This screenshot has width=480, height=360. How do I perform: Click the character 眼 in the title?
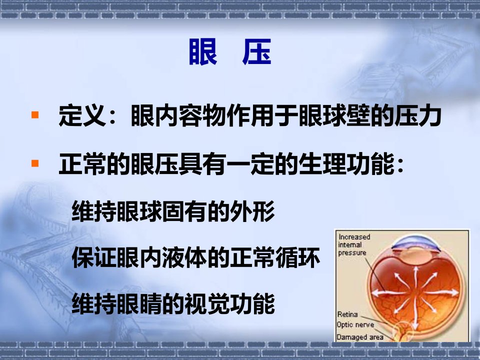pos(203,51)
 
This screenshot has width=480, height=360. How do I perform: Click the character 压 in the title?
pos(257,51)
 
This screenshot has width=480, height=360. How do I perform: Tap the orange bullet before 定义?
pos(35,115)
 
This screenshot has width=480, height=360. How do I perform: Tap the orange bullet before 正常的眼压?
pos(35,163)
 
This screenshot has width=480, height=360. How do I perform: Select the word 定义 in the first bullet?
pos(82,115)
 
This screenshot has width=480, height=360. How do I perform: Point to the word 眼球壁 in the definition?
pos(334,115)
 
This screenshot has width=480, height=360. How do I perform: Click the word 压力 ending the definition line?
pos(417,115)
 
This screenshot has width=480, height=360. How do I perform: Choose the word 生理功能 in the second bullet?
pos(346,164)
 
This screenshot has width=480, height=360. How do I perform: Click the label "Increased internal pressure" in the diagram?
pos(354,244)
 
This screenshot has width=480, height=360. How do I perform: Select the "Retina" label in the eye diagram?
pos(347,314)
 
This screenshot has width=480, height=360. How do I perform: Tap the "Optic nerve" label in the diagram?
pos(355,325)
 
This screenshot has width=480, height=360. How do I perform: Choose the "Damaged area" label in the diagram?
pos(359,337)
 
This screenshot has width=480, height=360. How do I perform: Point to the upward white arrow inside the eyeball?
pos(415,277)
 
